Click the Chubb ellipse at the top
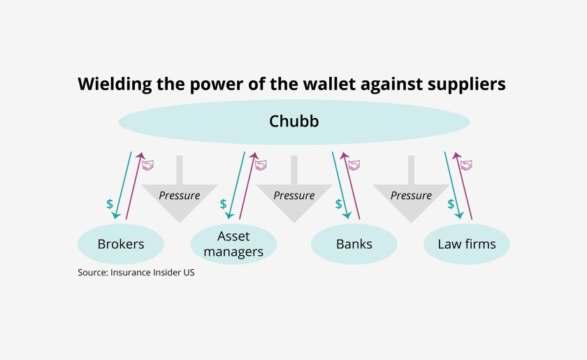(293, 122)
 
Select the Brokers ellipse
(120, 244)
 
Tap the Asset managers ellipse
(233, 244)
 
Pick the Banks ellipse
(354, 244)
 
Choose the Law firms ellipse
(466, 244)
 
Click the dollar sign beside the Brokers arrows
(110, 204)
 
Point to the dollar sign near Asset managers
(223, 204)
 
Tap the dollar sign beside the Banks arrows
(339, 204)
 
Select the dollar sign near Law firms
(451, 204)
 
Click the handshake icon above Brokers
(147, 165)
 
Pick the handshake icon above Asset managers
(261, 165)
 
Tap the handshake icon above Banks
(354, 165)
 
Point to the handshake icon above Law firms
(466, 165)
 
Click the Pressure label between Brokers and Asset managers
(179, 196)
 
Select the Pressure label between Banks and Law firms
(411, 196)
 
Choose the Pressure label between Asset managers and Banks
(293, 196)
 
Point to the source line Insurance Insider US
(136, 273)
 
